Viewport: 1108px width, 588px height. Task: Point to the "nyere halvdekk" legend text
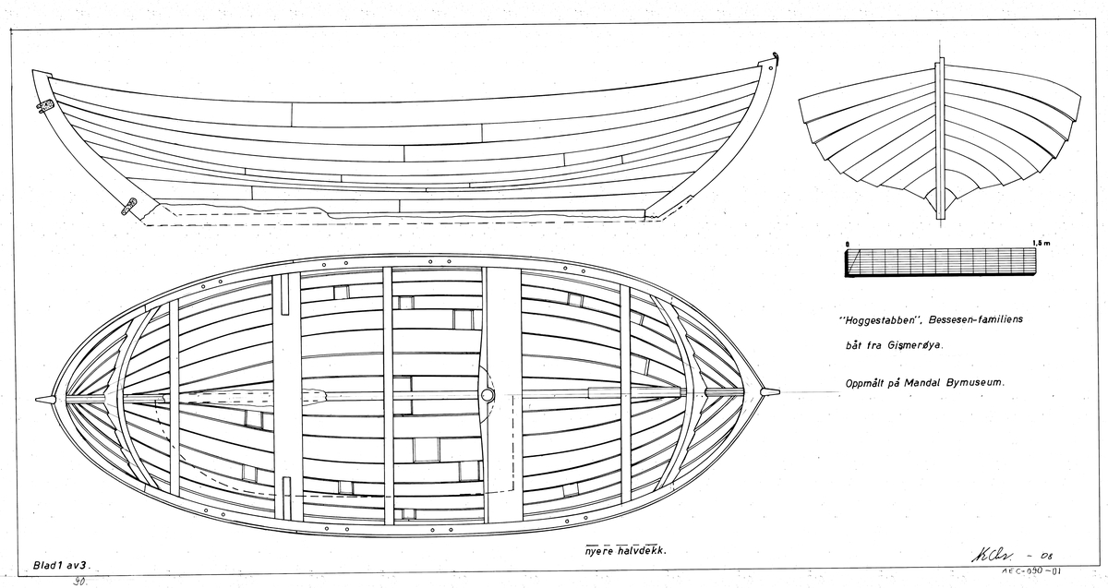[x=620, y=550]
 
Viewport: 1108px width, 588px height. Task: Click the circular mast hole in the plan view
[x=488, y=394]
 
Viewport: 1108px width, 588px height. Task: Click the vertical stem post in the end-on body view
[x=939, y=138]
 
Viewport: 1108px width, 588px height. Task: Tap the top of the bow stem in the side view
[x=768, y=65]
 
